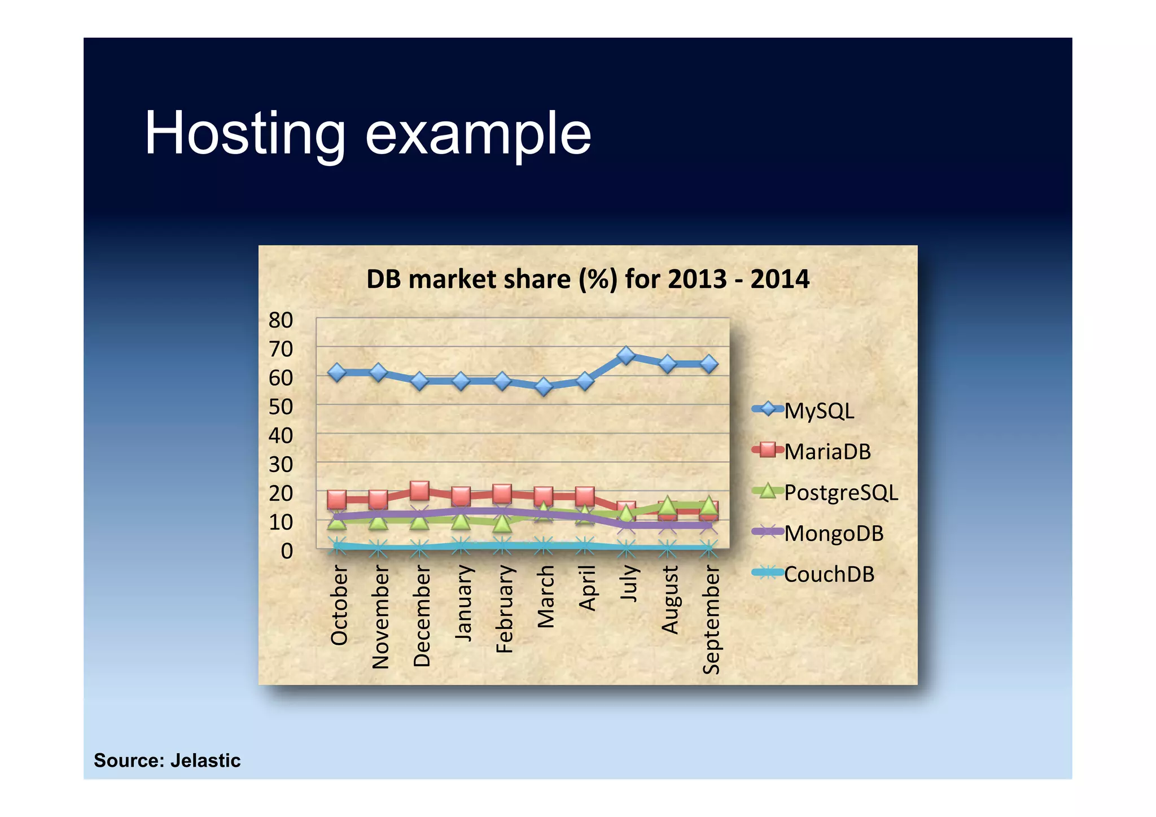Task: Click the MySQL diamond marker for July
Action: (626, 355)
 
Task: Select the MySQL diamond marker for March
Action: (544, 387)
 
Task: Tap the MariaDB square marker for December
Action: (419, 491)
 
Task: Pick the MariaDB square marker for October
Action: (337, 499)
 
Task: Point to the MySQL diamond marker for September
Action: (709, 364)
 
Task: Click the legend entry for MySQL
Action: (818, 410)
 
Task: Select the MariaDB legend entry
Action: (827, 452)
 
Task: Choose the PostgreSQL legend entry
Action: (840, 492)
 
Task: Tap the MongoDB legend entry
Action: (833, 533)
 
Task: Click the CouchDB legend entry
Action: (829, 574)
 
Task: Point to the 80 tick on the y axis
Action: (281, 320)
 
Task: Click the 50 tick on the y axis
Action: (281, 407)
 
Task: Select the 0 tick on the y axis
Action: (287, 551)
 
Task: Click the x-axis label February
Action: (504, 609)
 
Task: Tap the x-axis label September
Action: (711, 619)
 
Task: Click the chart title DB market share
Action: (588, 279)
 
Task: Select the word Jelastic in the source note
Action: (205, 761)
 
